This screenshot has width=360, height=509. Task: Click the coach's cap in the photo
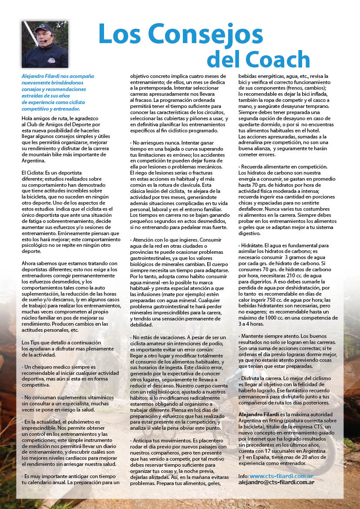click(x=43, y=28)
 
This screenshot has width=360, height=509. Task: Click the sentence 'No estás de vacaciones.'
click(x=157, y=337)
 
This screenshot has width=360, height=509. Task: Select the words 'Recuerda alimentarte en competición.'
click(x=284, y=167)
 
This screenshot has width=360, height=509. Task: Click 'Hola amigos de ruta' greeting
click(x=42, y=118)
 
